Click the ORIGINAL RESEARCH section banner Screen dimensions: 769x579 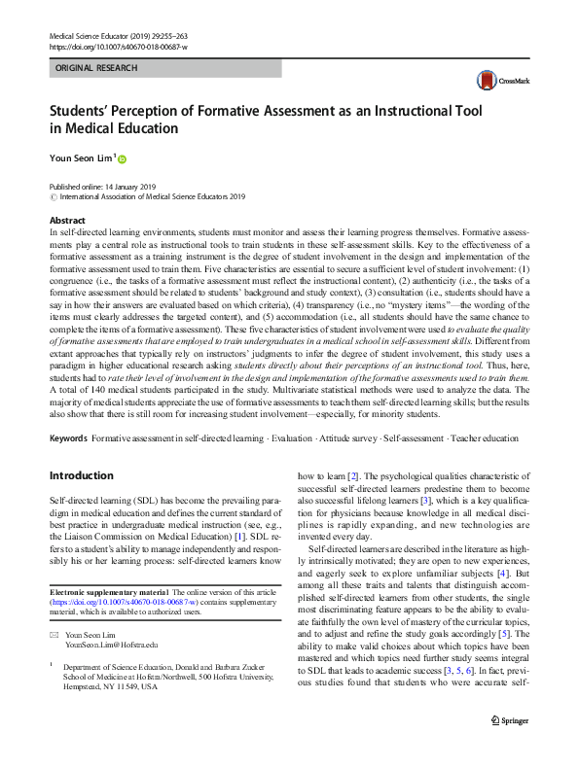point(95,68)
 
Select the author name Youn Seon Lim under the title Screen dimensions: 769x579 point(82,157)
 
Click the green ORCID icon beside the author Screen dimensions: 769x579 point(124,158)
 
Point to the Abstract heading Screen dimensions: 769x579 point(67,222)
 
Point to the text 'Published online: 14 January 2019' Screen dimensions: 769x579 point(100,186)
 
